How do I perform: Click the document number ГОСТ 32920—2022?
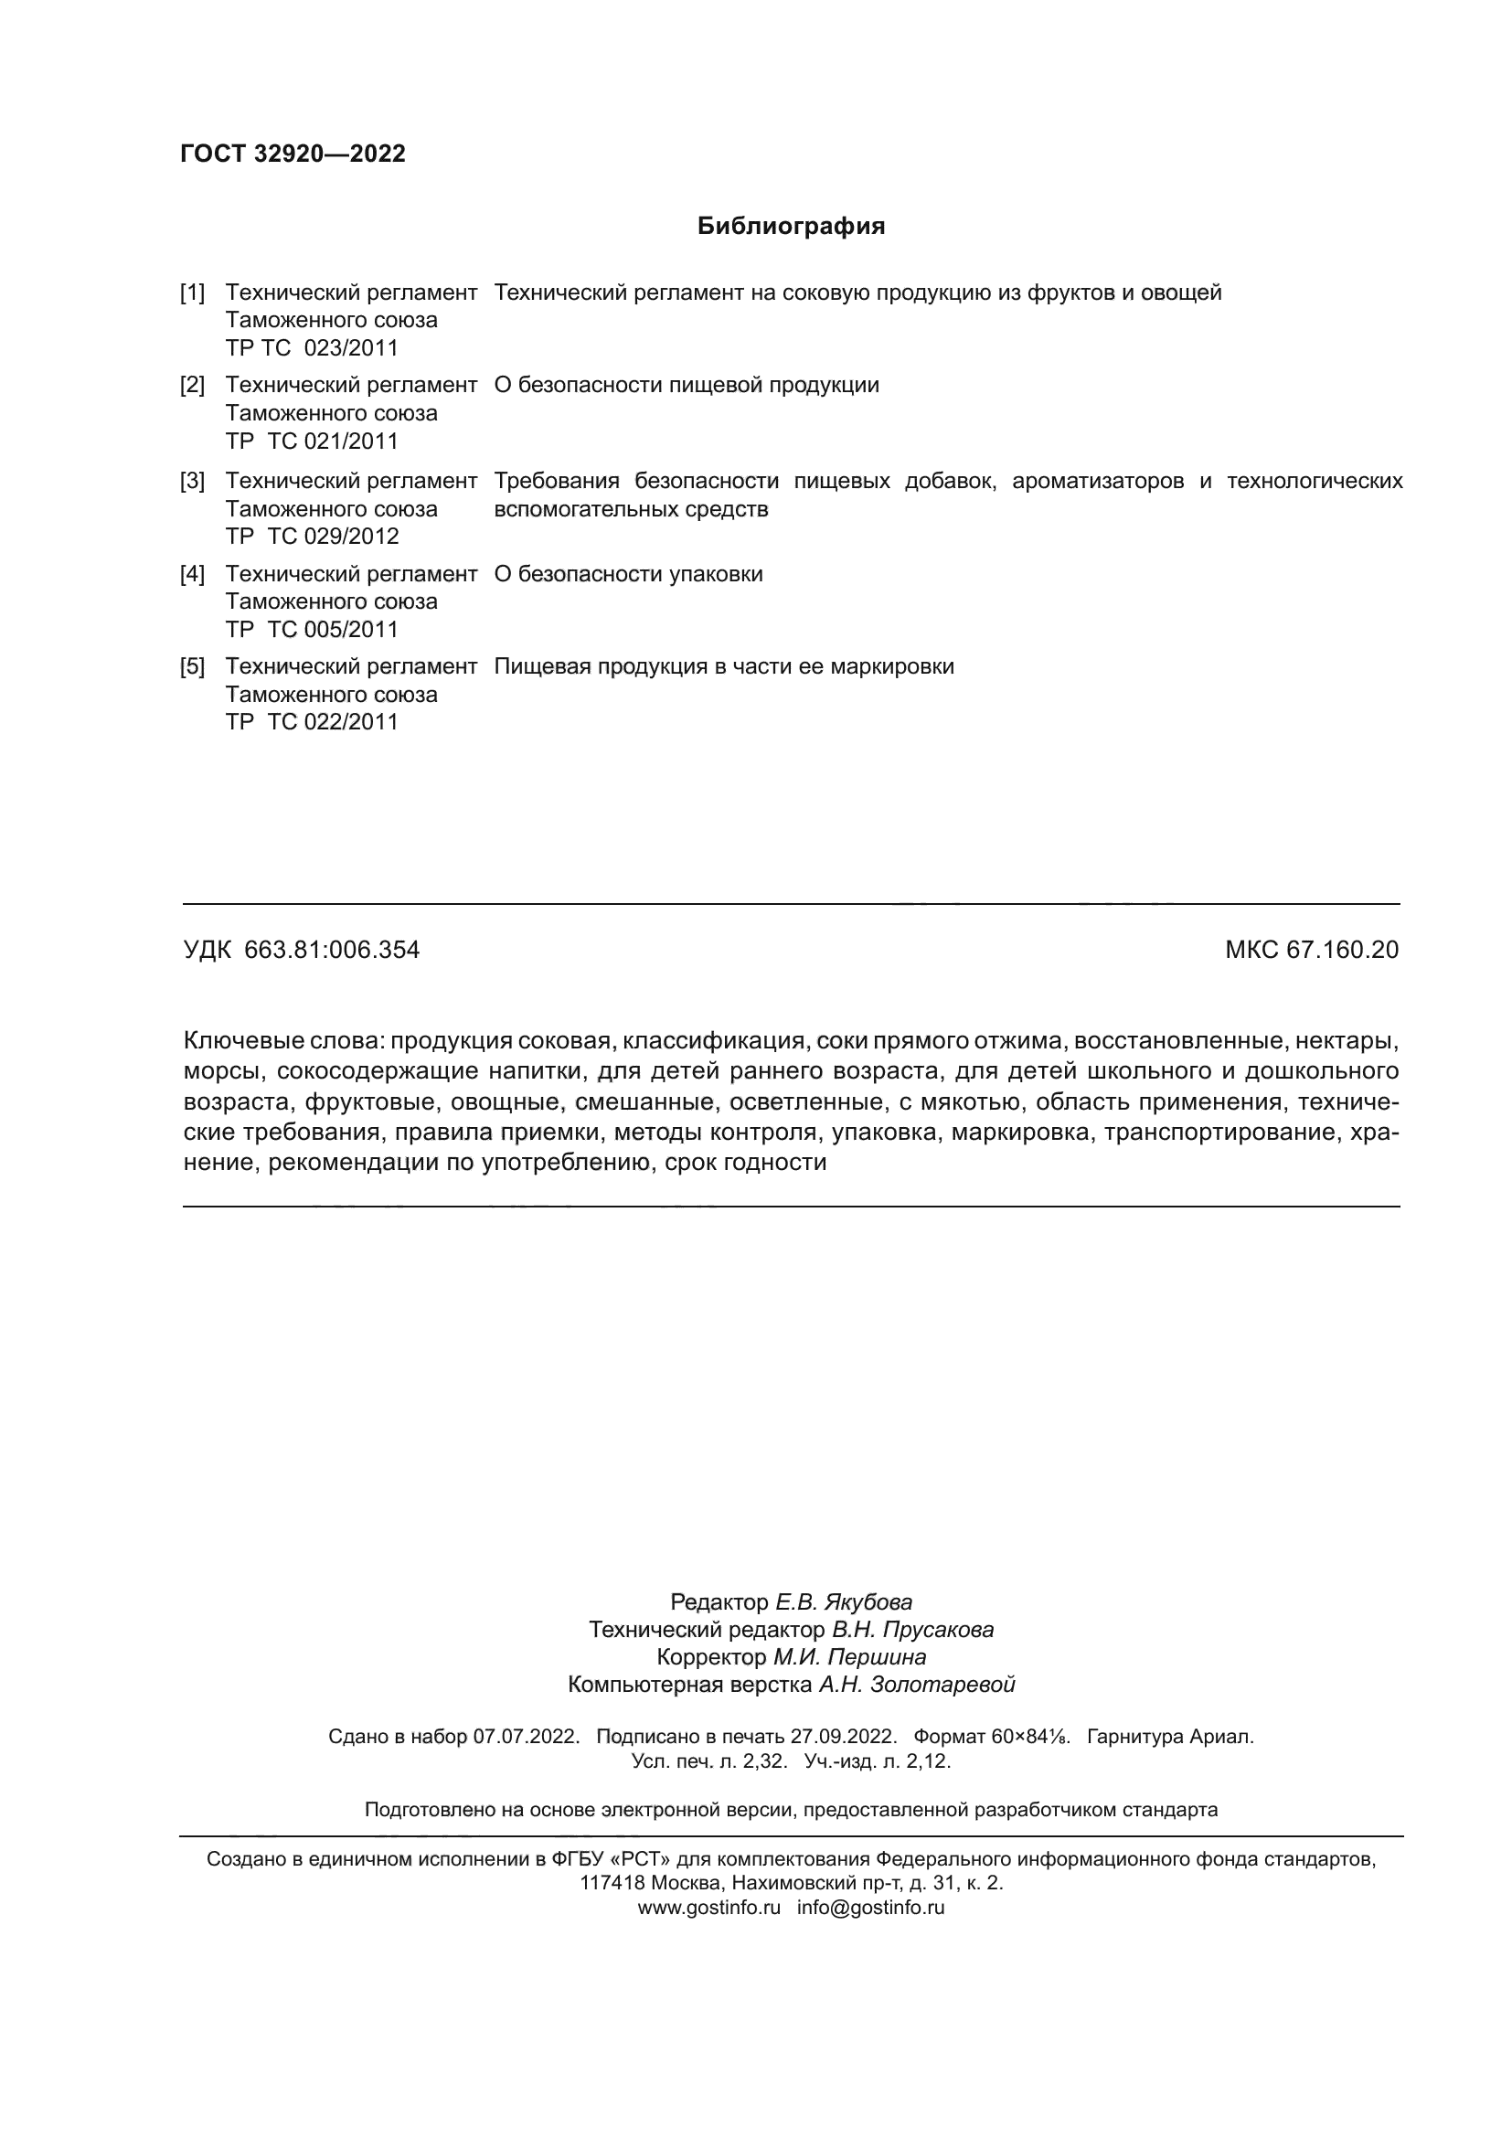[293, 154]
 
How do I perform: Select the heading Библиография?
[791, 227]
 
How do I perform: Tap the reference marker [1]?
[193, 293]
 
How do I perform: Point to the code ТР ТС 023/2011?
[312, 348]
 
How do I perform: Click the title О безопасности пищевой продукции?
[687, 386]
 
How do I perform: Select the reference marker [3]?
[193, 482]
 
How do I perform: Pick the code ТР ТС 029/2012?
[312, 537]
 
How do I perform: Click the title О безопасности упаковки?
[628, 575]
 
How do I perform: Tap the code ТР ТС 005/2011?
[312, 630]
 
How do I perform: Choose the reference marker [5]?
[193, 666]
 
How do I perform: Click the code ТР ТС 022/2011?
[312, 722]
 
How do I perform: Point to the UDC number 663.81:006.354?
[332, 950]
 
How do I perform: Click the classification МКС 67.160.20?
[1311, 950]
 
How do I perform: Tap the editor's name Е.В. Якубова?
[844, 1601]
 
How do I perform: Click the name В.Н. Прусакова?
[912, 1630]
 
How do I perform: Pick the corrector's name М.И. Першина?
[849, 1656]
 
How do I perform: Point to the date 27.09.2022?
[843, 1737]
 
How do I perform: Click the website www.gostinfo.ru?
[708, 1907]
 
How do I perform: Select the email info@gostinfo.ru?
[870, 1907]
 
